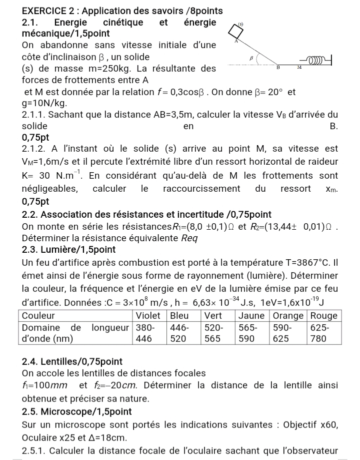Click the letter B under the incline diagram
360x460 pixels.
pos(278,66)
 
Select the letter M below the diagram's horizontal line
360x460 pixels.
pos(299,66)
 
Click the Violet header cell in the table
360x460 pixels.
pos(149,315)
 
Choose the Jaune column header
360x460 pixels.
pos(253,315)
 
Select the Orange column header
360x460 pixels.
pos(288,315)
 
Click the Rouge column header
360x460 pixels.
pos(324,315)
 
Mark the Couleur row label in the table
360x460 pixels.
pos(39,315)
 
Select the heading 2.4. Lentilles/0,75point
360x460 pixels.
pos(72,361)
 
